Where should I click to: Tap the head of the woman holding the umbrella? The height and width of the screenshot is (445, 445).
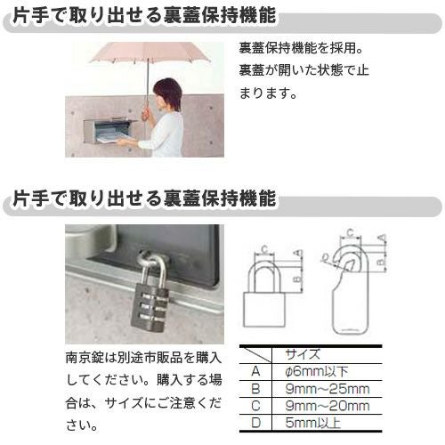(167, 90)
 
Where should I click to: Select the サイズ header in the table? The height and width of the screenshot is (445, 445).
(311, 354)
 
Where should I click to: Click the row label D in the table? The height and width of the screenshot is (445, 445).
(255, 423)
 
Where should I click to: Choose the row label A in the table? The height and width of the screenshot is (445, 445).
(255, 371)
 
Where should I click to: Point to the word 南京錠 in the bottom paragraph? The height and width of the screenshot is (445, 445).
(84, 358)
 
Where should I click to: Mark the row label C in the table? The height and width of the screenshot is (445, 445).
(255, 406)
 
